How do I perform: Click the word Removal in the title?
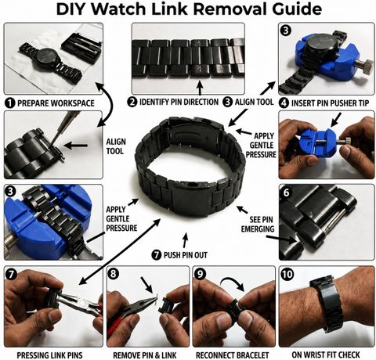pos(231,9)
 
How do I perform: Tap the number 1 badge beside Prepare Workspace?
pos(10,103)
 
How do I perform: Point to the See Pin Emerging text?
pos(258,224)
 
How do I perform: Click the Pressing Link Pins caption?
pos(49,355)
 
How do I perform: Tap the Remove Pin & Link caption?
pos(145,355)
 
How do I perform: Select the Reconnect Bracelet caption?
pos(232,355)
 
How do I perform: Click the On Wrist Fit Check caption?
pos(326,355)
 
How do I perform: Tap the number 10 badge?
pos(287,274)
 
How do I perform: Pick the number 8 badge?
pos(113,274)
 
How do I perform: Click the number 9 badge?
pos(200,274)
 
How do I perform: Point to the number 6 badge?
pos(286,193)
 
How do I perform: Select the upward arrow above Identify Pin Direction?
pos(200,88)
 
